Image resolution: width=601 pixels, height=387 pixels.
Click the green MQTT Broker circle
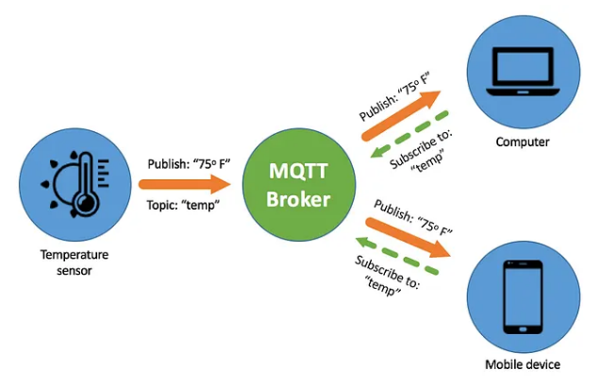pos(299,184)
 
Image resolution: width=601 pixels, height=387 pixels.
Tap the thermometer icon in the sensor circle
pos(86,185)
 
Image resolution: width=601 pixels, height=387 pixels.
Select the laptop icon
pos(524,72)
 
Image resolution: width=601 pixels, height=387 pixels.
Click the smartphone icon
pos(523,297)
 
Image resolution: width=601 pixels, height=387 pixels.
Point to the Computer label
pos(523,142)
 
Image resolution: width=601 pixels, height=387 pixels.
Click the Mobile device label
pos(523,364)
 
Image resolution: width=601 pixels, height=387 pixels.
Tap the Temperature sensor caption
pos(75,262)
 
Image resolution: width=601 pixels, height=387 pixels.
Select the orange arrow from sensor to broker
pos(184,184)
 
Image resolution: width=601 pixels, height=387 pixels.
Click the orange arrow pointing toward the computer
pos(401,115)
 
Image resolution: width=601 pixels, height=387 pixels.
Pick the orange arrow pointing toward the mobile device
pos(408,238)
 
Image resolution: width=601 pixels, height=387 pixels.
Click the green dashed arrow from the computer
pos(409,134)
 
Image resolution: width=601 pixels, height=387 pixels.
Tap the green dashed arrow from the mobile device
pos(396,256)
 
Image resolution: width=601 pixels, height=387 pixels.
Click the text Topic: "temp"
pos(183,205)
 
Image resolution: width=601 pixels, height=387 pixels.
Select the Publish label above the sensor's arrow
pos(189,164)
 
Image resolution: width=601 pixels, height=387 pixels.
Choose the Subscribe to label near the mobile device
pos(386,276)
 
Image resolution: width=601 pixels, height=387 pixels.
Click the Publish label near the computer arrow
pos(394,96)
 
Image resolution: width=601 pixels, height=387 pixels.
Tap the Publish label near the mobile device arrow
pos(413,217)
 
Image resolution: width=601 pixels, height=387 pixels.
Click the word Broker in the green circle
pos(298,199)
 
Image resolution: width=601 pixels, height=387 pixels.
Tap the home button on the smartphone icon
pos(523,329)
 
